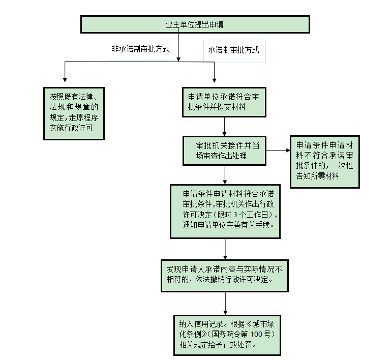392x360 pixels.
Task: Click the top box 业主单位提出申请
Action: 195,24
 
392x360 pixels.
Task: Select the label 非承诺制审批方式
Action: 140,50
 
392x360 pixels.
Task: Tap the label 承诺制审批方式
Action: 233,50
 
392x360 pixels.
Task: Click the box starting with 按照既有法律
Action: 74,112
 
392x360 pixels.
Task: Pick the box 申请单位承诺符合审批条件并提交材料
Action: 224,102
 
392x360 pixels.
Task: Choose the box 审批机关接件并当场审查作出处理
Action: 224,150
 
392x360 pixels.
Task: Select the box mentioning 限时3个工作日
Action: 225,211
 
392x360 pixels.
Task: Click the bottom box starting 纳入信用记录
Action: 224,334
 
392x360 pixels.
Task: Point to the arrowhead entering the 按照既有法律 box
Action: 64,79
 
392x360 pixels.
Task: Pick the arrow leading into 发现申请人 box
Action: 225,249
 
